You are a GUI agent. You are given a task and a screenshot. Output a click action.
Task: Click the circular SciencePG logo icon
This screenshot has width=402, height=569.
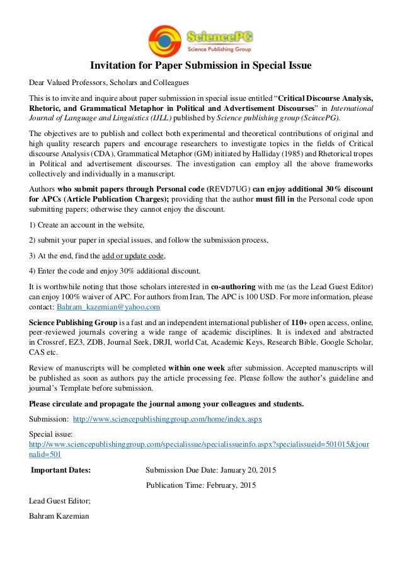pos(164,40)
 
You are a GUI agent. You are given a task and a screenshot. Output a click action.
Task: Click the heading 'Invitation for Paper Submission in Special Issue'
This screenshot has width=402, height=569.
pos(201,65)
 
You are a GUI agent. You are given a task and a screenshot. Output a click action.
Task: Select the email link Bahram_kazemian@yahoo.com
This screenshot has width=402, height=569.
pos(108,307)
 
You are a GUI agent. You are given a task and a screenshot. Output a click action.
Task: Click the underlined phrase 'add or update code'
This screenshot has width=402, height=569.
pos(138,256)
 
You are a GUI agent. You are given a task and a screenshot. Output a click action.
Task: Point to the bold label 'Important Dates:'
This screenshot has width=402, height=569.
pos(61,469)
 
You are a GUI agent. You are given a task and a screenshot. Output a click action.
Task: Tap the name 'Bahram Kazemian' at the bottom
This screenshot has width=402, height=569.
pos(59,516)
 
